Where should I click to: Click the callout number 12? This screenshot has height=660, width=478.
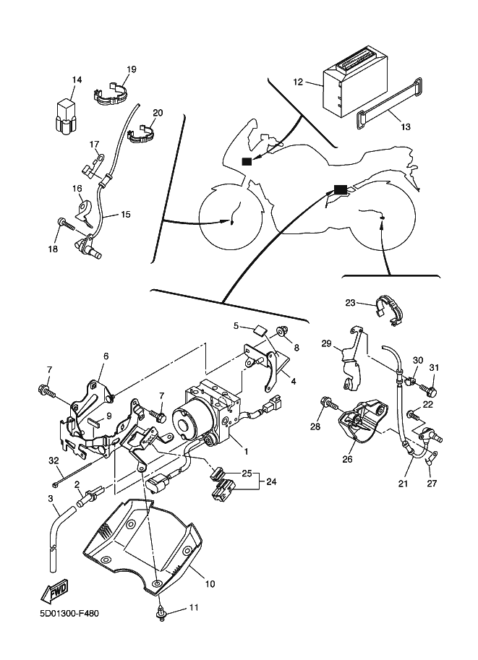point(298,82)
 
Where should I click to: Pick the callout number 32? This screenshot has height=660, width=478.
point(54,460)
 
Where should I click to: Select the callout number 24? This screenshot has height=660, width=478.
point(271,481)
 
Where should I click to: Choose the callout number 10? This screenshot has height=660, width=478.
point(210,583)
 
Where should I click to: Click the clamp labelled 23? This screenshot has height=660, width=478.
point(388,311)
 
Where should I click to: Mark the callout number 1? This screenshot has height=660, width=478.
point(247,452)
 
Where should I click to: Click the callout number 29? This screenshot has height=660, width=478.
point(326,343)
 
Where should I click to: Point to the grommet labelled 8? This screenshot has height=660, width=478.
point(282,331)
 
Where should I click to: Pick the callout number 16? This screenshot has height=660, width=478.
point(77,188)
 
